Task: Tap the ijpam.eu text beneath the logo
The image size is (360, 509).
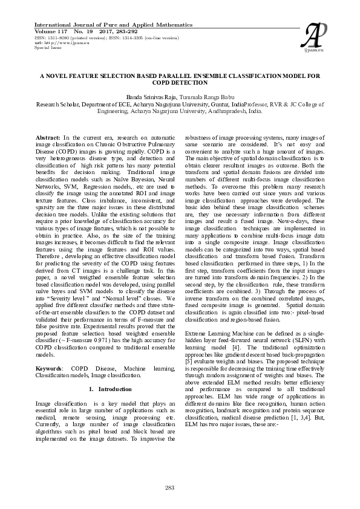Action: (316, 50)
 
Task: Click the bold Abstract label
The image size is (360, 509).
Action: (48, 138)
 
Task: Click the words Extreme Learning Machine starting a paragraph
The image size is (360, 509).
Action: (220, 332)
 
